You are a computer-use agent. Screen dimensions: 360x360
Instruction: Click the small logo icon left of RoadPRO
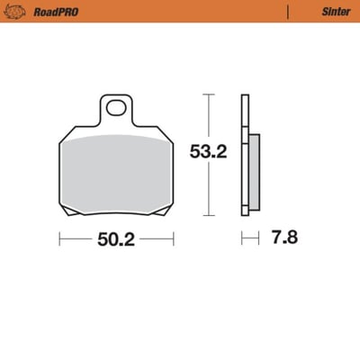pos(16,12)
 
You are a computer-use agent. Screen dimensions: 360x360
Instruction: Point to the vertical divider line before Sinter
pos(287,13)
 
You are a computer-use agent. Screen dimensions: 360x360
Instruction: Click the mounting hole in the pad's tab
pos(116,110)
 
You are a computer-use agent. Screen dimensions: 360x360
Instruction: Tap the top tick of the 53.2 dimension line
pos(208,94)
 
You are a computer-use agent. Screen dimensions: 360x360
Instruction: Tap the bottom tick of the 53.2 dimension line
pos(208,214)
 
